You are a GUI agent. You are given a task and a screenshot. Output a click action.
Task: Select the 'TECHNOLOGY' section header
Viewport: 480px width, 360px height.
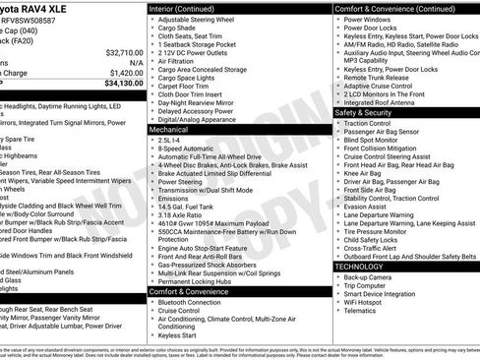[360, 267]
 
